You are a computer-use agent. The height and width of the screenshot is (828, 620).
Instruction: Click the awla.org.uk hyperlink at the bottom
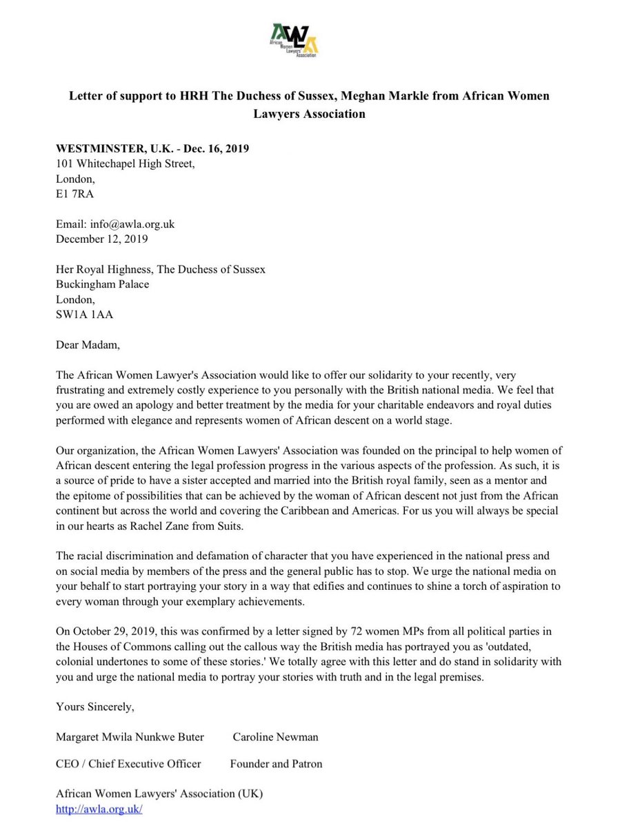pyautogui.click(x=99, y=809)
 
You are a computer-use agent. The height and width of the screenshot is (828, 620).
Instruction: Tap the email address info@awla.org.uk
pyautogui.click(x=134, y=225)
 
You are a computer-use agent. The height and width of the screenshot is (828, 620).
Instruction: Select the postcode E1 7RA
pyautogui.click(x=75, y=194)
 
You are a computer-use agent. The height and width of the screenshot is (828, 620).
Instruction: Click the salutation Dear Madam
pyautogui.click(x=88, y=344)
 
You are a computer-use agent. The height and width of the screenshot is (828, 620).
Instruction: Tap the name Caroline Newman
pyautogui.click(x=275, y=737)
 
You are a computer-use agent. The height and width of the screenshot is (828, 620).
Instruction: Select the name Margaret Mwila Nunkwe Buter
pyautogui.click(x=130, y=737)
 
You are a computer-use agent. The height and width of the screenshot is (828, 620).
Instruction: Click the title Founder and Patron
pyautogui.click(x=276, y=764)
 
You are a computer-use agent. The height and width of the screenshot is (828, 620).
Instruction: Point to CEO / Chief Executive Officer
pyautogui.click(x=128, y=764)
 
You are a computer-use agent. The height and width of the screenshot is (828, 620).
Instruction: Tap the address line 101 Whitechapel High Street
pyautogui.click(x=126, y=164)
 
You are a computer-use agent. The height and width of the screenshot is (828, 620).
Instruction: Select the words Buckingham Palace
pyautogui.click(x=102, y=284)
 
